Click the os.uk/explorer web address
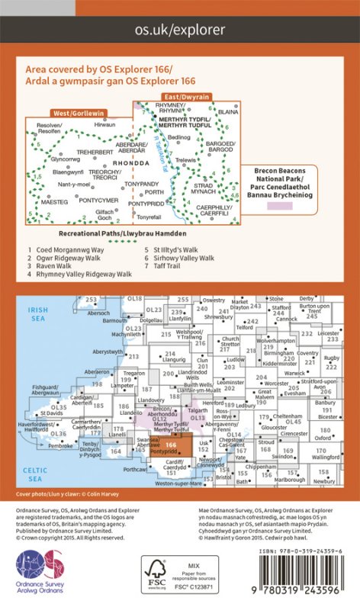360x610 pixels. [180, 30]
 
